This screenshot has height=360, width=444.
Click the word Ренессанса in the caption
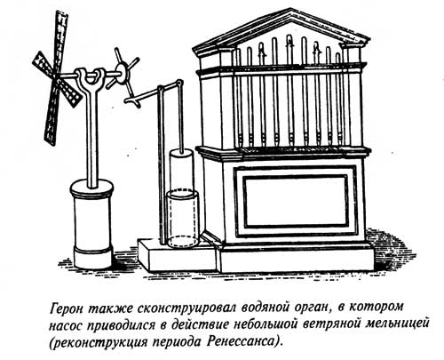point(241,342)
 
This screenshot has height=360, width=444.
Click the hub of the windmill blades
point(56,76)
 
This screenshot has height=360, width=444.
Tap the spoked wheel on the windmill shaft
point(123,73)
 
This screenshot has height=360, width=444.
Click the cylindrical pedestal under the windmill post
point(91,224)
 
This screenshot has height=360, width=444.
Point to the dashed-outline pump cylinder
point(182,219)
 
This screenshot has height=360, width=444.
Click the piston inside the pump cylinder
point(181,172)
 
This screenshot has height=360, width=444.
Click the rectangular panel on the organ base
point(296,202)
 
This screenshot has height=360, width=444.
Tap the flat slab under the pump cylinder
point(178,256)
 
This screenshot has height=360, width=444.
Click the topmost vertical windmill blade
point(61,42)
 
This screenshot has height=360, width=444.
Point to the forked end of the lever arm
point(132,100)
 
